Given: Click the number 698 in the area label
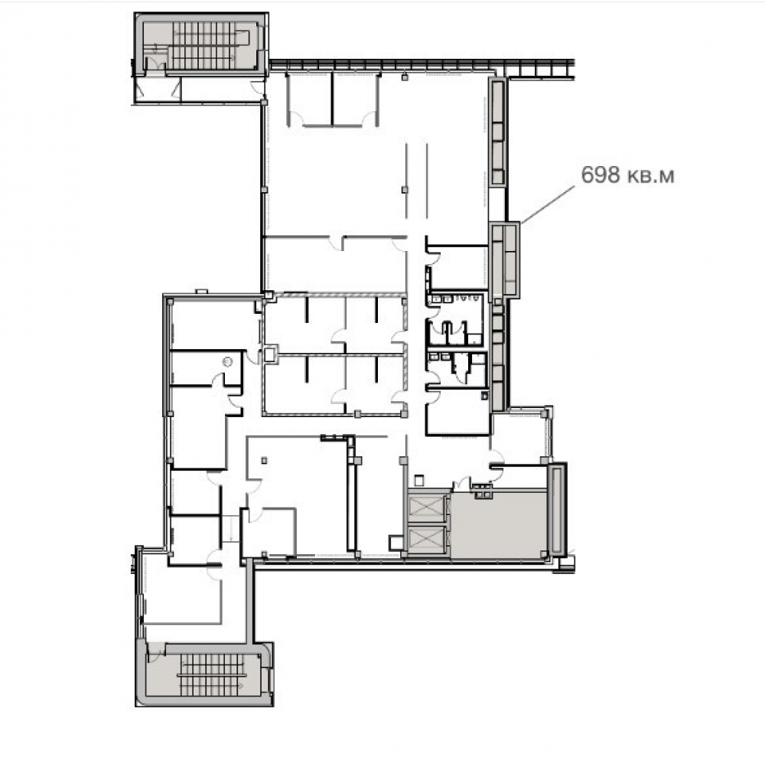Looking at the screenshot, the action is [600, 175].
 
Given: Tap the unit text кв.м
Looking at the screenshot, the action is [650, 176].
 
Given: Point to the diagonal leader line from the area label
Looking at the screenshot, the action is [548, 204].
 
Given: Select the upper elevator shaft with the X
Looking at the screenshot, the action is [426, 507].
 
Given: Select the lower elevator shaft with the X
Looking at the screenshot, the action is [426, 540].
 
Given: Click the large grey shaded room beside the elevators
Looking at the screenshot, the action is [498, 524].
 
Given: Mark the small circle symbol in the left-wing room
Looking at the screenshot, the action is [226, 362].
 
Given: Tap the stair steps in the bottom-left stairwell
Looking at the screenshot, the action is [212, 675].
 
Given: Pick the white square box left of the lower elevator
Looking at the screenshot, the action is [396, 542].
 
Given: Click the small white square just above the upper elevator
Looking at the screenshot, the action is [418, 481].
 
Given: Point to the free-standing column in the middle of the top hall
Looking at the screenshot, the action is [405, 190].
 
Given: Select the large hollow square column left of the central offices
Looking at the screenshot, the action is [270, 354].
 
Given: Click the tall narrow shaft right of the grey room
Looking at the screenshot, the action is [557, 509].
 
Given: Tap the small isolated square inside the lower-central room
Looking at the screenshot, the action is [264, 460].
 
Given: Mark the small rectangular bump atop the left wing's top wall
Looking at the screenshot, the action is [201, 292].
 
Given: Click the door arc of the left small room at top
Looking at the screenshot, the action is [297, 118].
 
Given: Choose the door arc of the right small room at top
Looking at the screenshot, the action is [369, 119].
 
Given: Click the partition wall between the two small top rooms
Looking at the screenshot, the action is [332, 99].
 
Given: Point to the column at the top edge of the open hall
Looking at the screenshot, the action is [405, 77].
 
